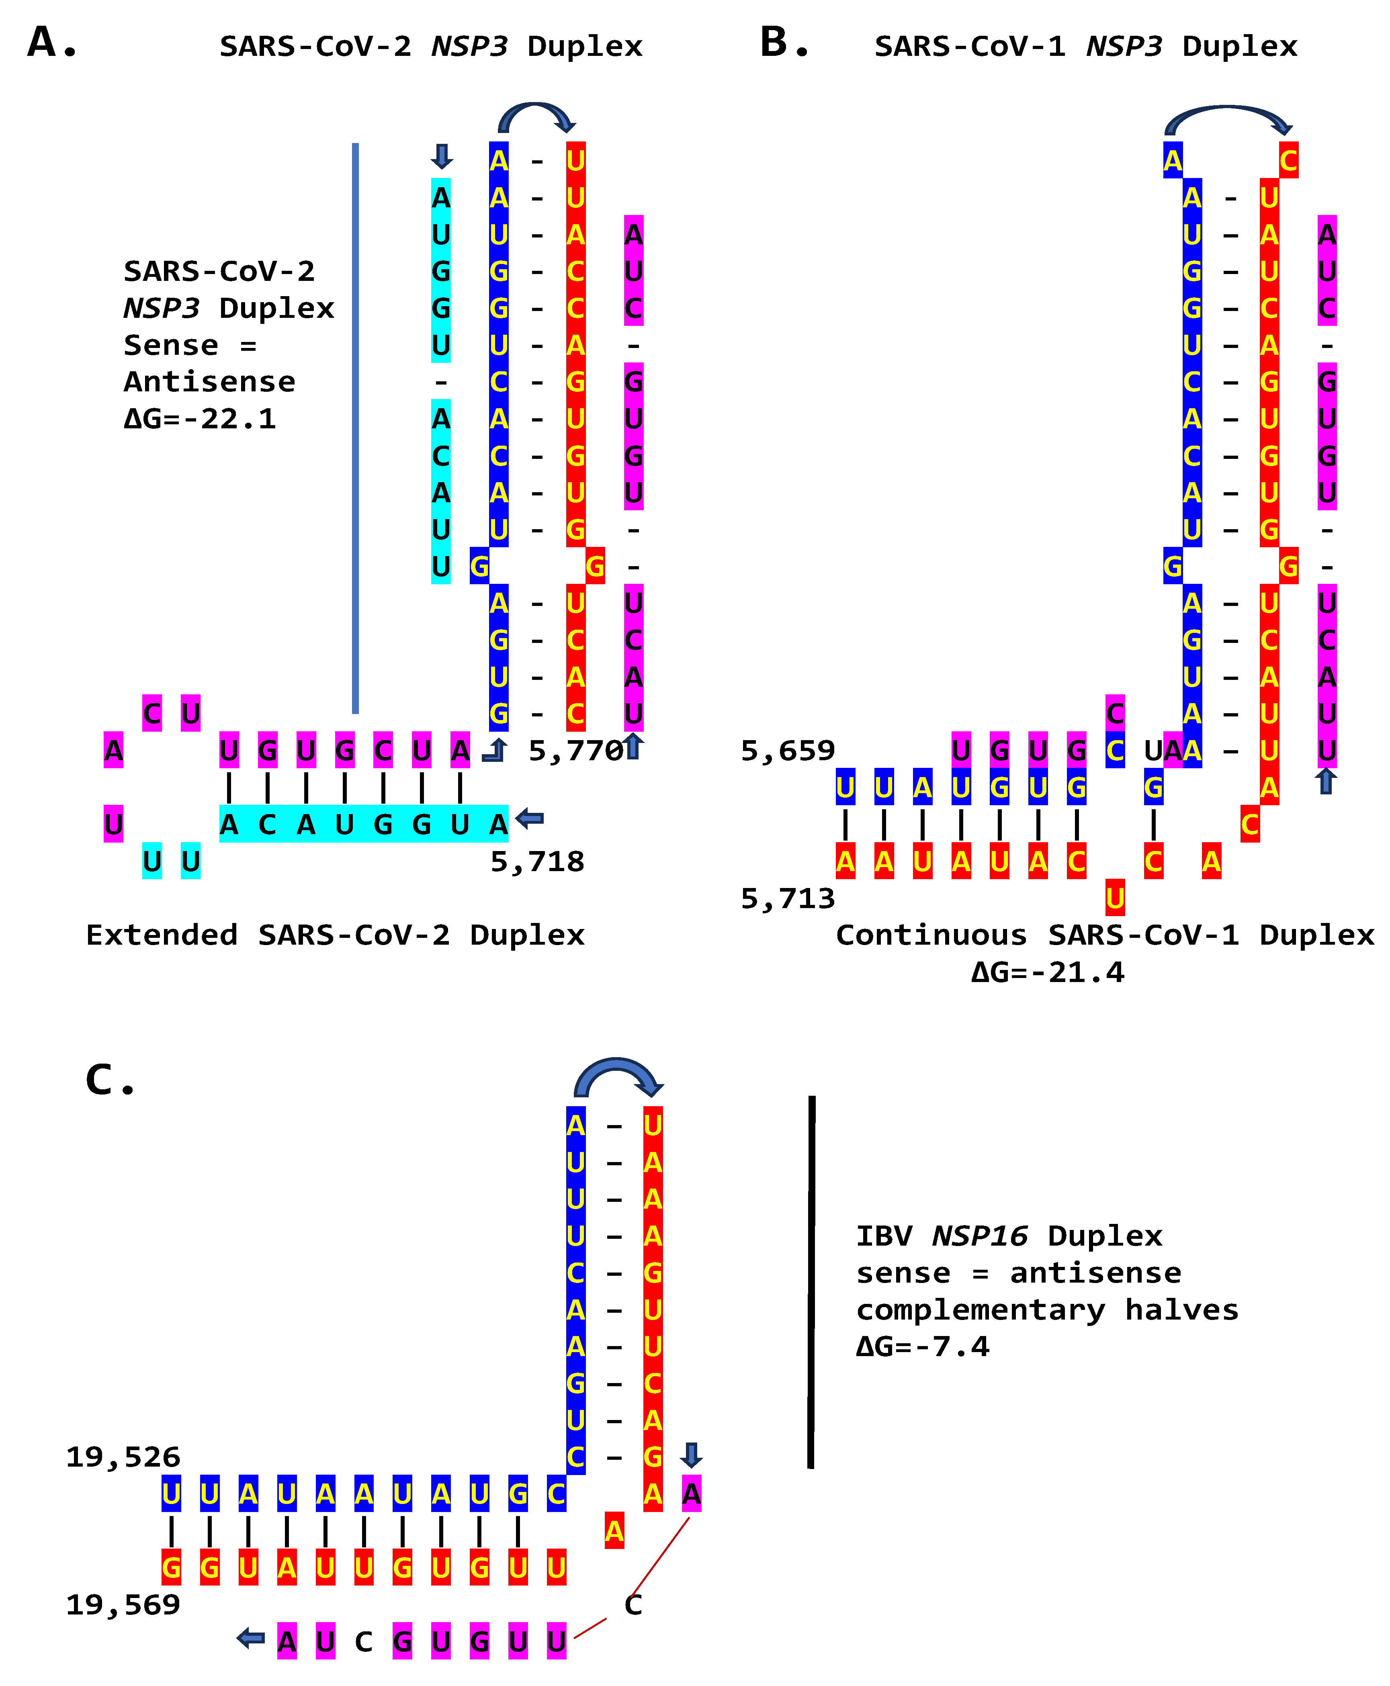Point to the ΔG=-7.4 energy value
click(922, 1346)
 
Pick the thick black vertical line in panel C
click(811, 1281)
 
